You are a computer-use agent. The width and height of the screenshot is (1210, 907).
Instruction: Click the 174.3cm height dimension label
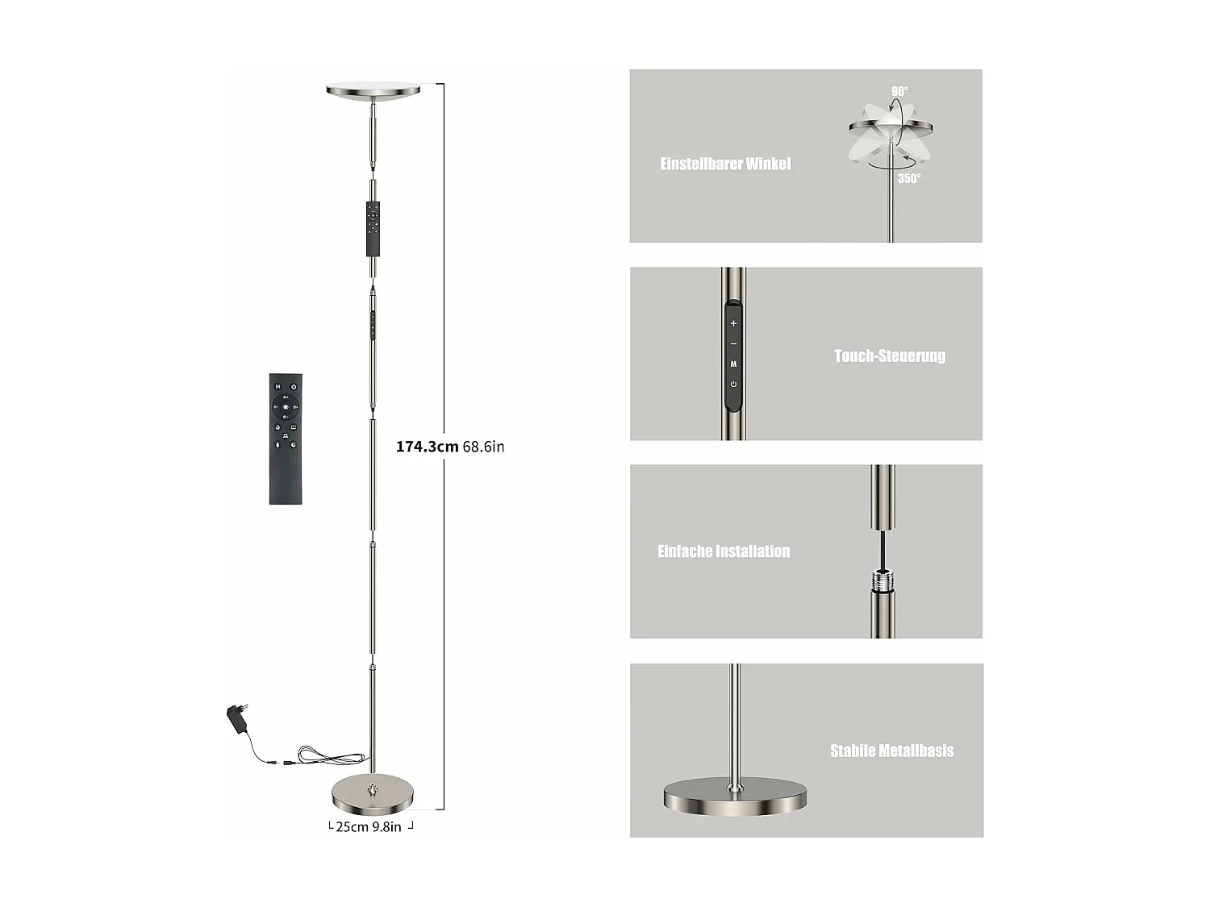[x=427, y=447]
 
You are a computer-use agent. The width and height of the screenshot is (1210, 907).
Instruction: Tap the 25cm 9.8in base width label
[x=369, y=826]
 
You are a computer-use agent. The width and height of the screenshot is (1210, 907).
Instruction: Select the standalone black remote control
[x=286, y=439]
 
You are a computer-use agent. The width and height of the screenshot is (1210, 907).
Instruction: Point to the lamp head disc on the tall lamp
[x=373, y=90]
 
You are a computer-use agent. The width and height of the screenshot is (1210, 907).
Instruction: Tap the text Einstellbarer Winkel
[x=725, y=164]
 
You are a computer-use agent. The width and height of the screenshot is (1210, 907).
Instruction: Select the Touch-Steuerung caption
[x=889, y=356]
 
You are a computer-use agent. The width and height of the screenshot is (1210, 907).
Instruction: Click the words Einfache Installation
[x=724, y=551]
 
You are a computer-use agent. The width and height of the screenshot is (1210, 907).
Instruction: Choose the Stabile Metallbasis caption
[x=891, y=751]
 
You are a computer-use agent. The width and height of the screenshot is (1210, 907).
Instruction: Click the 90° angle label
[x=899, y=92]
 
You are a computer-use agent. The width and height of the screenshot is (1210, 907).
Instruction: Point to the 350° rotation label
[x=909, y=178]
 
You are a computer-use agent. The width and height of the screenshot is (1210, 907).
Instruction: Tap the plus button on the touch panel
[x=733, y=323]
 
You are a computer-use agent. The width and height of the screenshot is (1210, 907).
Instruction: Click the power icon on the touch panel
[x=733, y=384]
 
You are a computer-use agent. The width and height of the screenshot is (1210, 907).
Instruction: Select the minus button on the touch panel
[x=733, y=344]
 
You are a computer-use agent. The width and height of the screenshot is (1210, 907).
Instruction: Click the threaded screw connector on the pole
[x=882, y=579]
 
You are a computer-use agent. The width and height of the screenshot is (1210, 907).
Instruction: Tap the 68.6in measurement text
[x=484, y=447]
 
